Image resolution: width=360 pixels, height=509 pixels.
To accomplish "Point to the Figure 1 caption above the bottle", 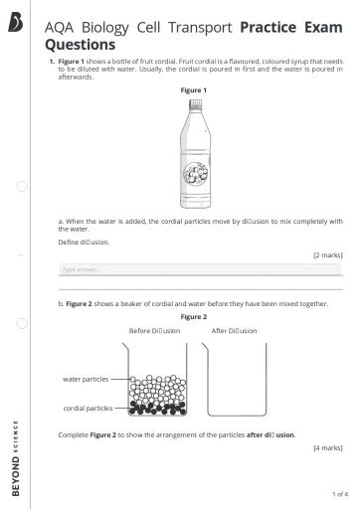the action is [x=193, y=90].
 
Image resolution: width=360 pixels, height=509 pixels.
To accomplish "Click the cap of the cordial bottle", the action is [x=193, y=102].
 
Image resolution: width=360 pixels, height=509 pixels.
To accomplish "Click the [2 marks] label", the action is [x=327, y=254].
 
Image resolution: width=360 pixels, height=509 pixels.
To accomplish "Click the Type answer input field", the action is [x=199, y=268].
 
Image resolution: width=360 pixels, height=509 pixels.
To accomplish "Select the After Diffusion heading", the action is [x=234, y=330].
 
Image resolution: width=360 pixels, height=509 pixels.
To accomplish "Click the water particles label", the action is [x=85, y=379].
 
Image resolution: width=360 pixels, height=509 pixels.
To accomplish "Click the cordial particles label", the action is [x=87, y=408].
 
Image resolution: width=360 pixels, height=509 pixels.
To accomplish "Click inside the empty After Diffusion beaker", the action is [x=235, y=383].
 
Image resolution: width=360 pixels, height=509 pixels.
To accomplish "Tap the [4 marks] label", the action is [x=327, y=448].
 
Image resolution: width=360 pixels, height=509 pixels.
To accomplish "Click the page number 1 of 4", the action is [x=339, y=494].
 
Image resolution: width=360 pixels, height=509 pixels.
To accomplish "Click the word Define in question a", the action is [x=70, y=242].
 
